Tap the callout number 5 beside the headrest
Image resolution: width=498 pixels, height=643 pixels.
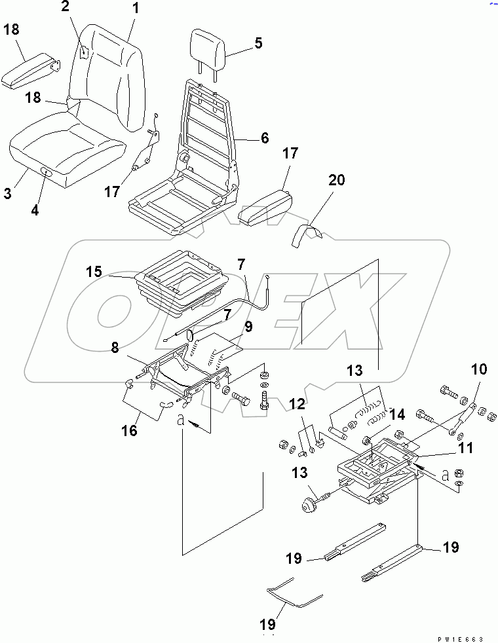[x=258, y=43]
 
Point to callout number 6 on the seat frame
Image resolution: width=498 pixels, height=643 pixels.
[x=264, y=138]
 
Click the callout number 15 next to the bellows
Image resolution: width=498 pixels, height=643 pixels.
[x=94, y=271]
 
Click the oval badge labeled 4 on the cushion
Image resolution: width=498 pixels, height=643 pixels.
[x=47, y=172]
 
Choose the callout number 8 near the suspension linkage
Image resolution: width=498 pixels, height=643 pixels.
[x=115, y=348]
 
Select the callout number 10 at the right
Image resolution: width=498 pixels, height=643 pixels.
[x=478, y=370]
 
